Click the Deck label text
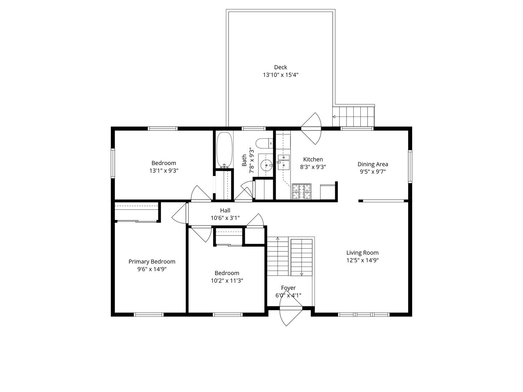(x=280, y=67)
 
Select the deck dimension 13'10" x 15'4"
(x=280, y=75)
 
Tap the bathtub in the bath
(x=224, y=150)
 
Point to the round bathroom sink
(x=267, y=166)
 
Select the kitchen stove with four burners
(x=301, y=192)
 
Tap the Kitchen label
(x=313, y=159)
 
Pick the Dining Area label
(x=373, y=164)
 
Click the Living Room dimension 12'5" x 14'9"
(x=362, y=260)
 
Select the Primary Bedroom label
(x=152, y=262)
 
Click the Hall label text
(x=225, y=211)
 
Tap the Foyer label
(x=288, y=288)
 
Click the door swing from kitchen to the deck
(x=312, y=127)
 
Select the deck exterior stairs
(x=354, y=116)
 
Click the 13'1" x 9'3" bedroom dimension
(x=164, y=171)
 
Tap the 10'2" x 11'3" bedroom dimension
(x=227, y=281)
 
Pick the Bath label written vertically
(x=244, y=160)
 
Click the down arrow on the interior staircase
(x=301, y=274)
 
